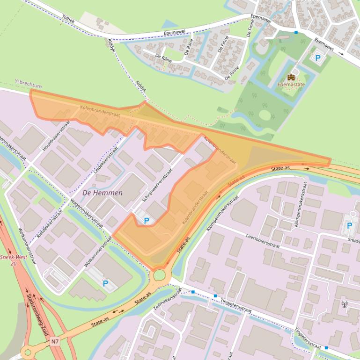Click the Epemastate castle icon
pos(291,77)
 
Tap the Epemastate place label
pos(291,85)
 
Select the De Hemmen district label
pos(102,193)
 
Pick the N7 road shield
pos(55,342)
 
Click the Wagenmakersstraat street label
pos(87,212)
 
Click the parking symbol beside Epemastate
pos(318,58)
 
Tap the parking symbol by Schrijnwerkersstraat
pos(147,220)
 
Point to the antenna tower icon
pos(345,305)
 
